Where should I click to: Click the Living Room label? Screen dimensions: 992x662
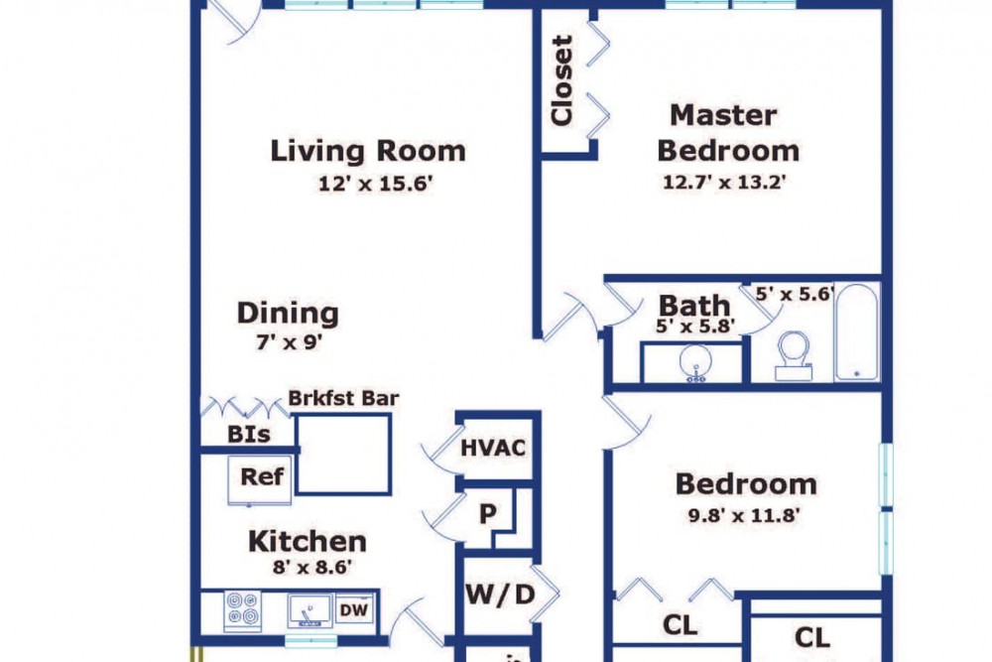coord(368,151)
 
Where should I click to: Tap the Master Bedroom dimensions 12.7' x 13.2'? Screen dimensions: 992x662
coord(724,183)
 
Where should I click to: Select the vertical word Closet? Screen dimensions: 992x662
coord(561,80)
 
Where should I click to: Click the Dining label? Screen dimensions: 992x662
coord(288,313)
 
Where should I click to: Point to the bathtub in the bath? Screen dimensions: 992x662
coord(857,331)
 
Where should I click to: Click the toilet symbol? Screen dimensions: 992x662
coord(794,356)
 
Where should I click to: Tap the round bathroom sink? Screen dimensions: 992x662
coord(695,363)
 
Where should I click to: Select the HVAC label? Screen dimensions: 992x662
coord(493,448)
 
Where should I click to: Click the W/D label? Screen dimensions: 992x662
coord(500,595)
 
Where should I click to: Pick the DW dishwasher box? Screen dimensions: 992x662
coord(354,610)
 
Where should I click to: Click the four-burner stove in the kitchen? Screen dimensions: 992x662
coord(243,610)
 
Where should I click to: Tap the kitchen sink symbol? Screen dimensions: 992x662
coord(310,610)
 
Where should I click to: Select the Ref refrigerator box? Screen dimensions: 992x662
coord(259,479)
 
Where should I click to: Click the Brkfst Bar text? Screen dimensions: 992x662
coord(343,398)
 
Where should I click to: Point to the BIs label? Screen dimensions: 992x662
coord(249,434)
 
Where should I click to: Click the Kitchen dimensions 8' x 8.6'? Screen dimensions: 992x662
coord(311,567)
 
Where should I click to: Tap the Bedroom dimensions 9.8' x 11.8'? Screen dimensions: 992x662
coord(745,515)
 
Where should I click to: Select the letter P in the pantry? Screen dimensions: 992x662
coord(487,513)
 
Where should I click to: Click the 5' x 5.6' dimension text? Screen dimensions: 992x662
coord(795,294)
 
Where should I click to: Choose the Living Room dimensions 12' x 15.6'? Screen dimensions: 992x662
coord(375,185)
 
